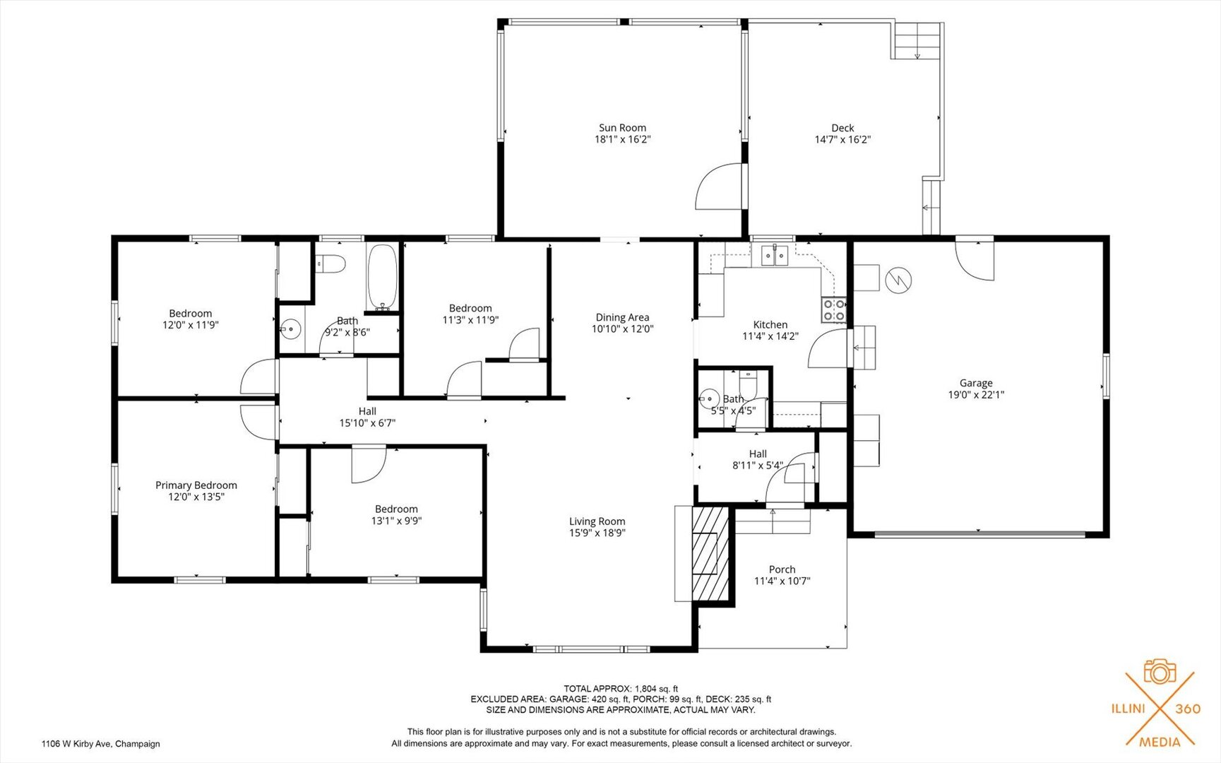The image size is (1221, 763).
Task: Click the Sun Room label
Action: (x=622, y=128)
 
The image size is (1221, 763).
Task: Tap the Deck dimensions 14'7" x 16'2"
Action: (x=842, y=139)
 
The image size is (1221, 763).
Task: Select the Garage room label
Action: (x=976, y=383)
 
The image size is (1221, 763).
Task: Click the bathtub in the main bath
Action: (x=382, y=278)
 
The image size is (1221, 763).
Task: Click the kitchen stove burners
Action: (x=833, y=310)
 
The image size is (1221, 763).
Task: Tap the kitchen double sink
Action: (x=774, y=255)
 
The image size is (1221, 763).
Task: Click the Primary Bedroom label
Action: (x=196, y=485)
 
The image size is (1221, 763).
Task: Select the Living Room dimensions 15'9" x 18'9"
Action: (x=597, y=533)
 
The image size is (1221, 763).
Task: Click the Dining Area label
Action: (x=622, y=317)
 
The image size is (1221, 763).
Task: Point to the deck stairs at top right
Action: (x=917, y=40)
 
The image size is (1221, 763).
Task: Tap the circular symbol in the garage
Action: (x=898, y=280)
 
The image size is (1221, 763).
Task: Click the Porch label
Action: (x=782, y=569)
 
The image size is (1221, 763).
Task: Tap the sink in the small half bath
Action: (x=708, y=399)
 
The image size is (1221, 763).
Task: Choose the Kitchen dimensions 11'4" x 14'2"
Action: (x=770, y=336)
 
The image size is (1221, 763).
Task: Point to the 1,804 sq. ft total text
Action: (x=656, y=689)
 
